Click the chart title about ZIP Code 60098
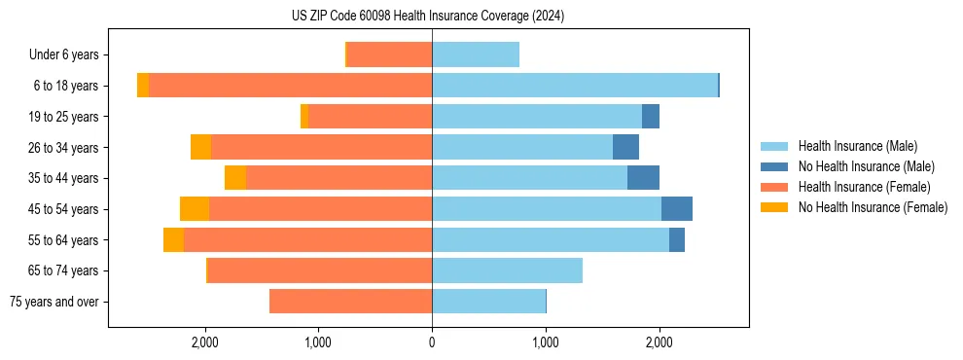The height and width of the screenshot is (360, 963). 427,16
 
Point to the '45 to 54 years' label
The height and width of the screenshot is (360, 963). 62,209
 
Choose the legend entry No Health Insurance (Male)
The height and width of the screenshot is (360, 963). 866,166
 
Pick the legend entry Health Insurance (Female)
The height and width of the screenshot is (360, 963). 864,187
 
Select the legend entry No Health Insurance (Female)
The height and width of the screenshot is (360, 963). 873,207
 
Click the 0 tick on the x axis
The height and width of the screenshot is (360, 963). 432,342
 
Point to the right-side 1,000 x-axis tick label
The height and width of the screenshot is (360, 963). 546,342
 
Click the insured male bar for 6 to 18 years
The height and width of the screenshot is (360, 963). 574,86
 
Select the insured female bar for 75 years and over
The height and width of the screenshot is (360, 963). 350,302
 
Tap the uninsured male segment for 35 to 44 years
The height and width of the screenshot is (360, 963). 643,178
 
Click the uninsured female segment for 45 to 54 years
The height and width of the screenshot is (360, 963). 195,209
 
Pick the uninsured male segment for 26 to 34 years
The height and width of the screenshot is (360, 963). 625,147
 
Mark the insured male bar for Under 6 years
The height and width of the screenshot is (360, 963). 476,54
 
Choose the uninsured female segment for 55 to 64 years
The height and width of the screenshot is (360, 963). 173,240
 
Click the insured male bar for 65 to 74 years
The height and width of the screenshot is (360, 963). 507,270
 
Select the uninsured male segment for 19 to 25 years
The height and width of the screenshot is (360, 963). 651,117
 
